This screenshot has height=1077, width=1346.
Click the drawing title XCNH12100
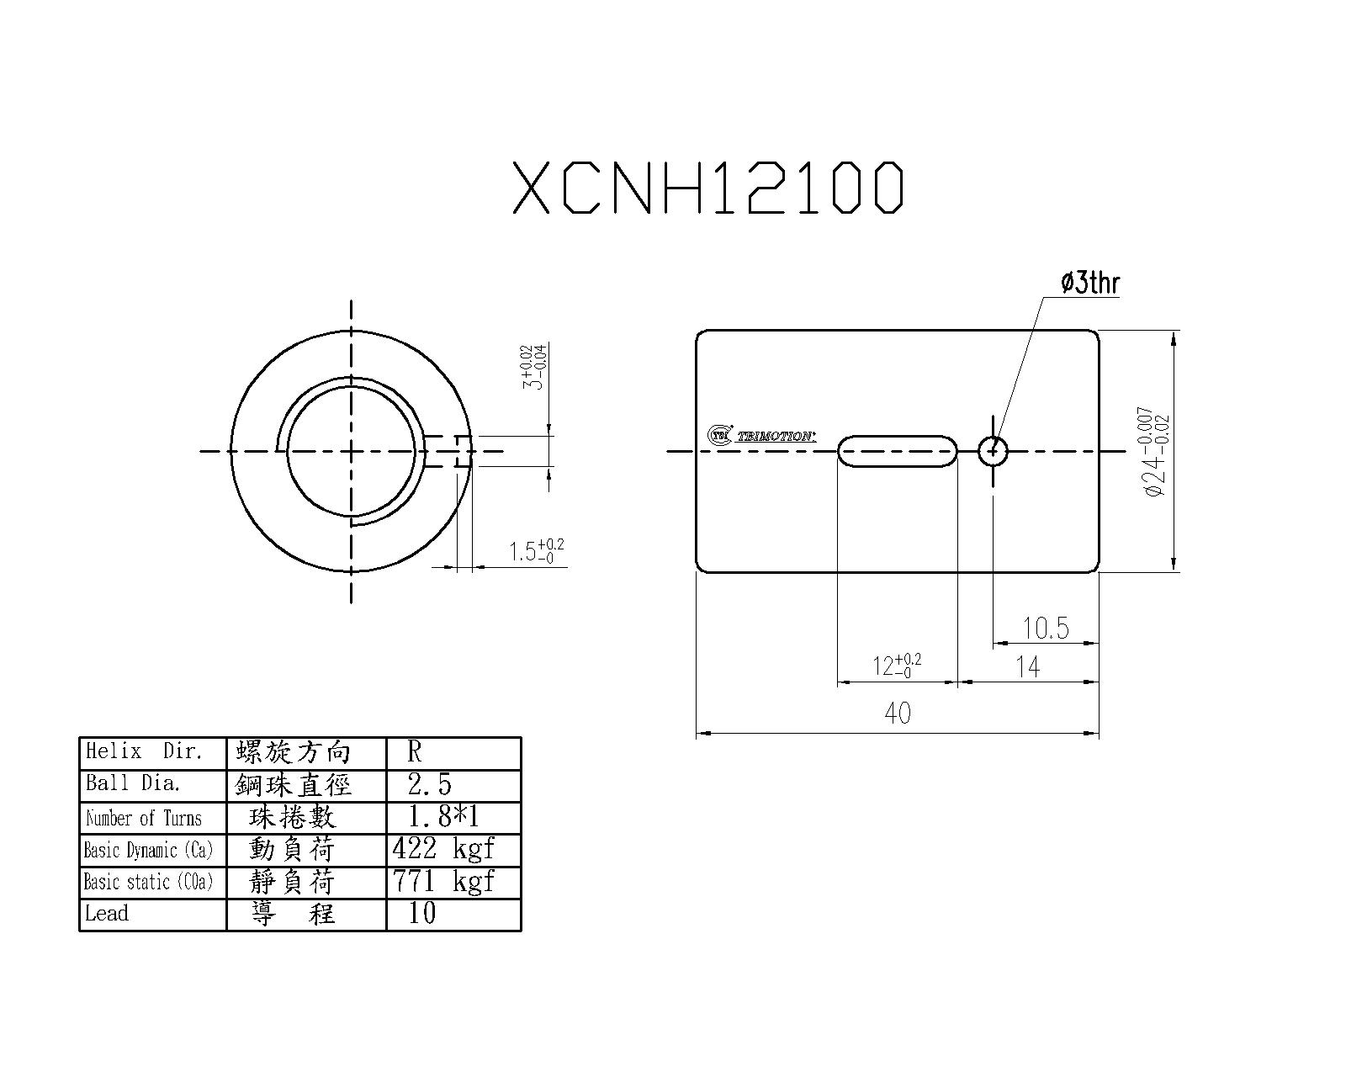click(708, 187)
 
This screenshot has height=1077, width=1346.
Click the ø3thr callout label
click(1090, 283)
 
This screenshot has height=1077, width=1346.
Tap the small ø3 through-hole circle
click(994, 451)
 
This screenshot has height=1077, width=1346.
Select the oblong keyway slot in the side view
click(898, 451)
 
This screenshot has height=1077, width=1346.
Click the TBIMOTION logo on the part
click(761, 435)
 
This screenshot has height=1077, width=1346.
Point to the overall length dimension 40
click(898, 714)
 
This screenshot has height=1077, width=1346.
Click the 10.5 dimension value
click(1046, 628)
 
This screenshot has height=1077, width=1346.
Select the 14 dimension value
click(1028, 667)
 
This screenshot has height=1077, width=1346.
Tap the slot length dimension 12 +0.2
click(897, 666)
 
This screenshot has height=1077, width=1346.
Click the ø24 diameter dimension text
click(1158, 451)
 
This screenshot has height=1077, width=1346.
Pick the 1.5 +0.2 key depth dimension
click(537, 550)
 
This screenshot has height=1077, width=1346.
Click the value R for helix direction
click(415, 751)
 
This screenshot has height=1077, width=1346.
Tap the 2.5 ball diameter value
click(430, 784)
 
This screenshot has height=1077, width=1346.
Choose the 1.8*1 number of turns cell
click(443, 816)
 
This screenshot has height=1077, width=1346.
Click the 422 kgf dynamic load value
click(443, 848)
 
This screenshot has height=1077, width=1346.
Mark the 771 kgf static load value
click(443, 881)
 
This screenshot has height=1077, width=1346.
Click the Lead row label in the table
click(107, 913)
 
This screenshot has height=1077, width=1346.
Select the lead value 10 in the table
click(422, 913)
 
